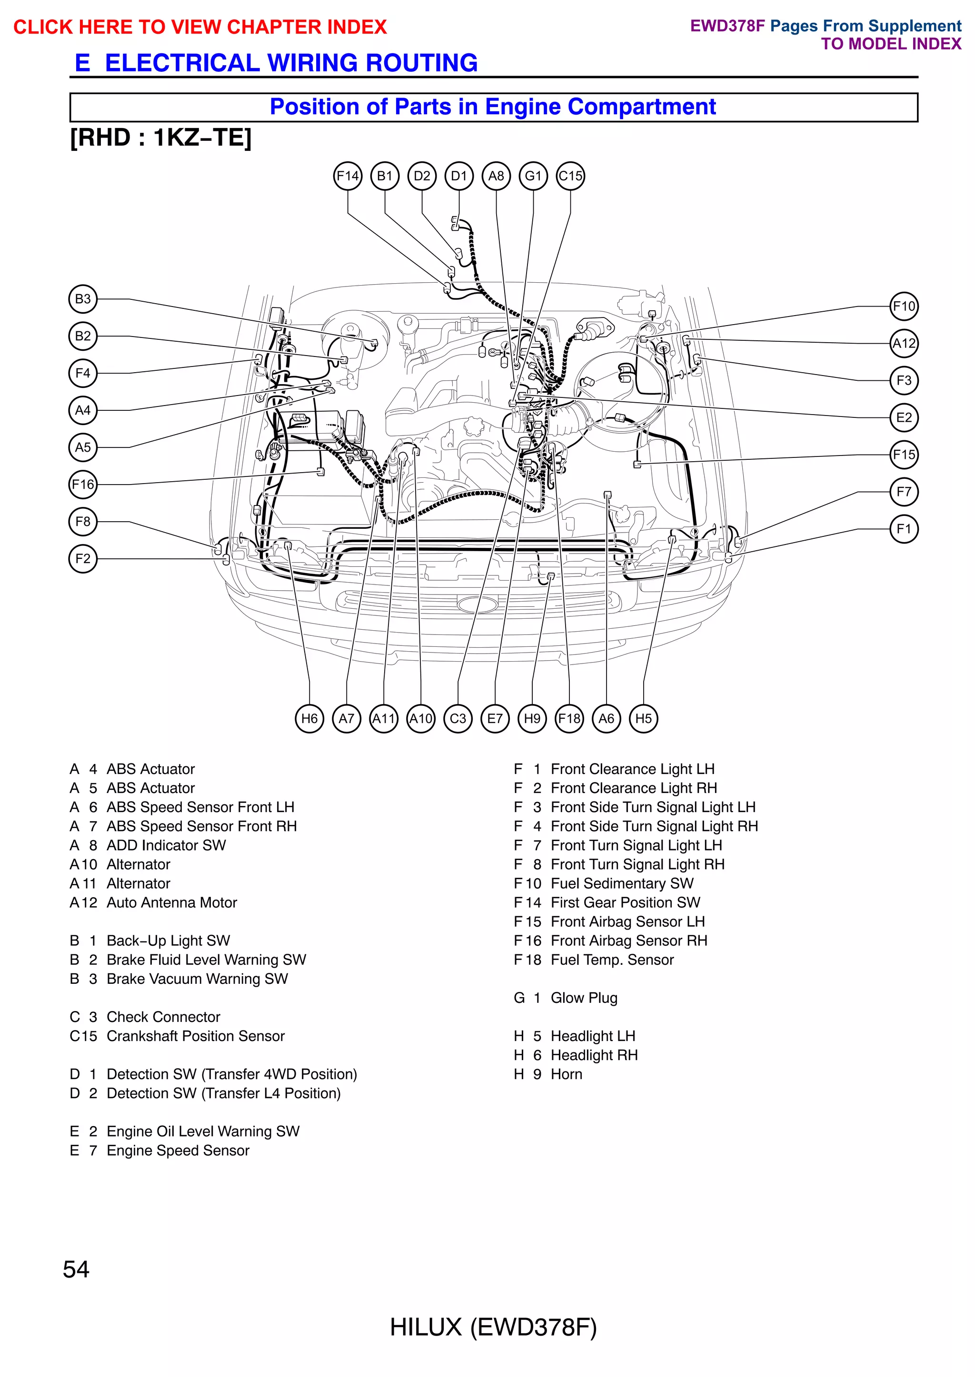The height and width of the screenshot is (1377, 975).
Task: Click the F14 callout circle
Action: pyautogui.click(x=348, y=176)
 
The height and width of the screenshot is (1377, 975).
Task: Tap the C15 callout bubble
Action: pyautogui.click(x=570, y=176)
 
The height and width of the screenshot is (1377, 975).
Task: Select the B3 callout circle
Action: pyautogui.click(x=83, y=299)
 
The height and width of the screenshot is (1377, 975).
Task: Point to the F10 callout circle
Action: pyautogui.click(x=904, y=306)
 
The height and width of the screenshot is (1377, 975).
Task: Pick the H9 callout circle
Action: pyautogui.click(x=532, y=719)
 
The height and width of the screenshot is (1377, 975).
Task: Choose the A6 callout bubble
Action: pyautogui.click(x=607, y=719)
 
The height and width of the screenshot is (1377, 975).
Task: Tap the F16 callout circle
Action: pyautogui.click(x=83, y=485)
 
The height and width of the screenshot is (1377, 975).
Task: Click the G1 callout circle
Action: pyautogui.click(x=533, y=176)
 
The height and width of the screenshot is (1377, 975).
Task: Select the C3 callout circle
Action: pyautogui.click(x=458, y=719)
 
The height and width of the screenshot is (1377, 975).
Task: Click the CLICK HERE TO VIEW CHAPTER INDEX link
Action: pyautogui.click(x=200, y=27)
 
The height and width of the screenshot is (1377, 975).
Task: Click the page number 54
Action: pyautogui.click(x=76, y=1269)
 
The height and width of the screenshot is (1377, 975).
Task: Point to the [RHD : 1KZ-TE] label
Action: pyautogui.click(x=161, y=138)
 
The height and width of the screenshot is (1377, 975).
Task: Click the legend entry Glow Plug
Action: pyautogui.click(x=584, y=998)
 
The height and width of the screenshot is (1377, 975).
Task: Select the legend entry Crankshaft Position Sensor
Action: pyautogui.click(x=195, y=1036)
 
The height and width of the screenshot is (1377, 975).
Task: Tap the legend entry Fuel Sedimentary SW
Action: pyautogui.click(x=621, y=883)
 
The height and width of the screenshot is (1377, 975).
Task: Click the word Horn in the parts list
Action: pyautogui.click(x=566, y=1074)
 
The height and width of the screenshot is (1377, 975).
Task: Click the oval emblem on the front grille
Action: pyautogui.click(x=478, y=604)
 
